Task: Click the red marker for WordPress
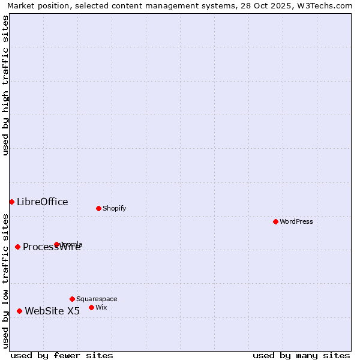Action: (x=275, y=221)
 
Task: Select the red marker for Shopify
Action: (x=98, y=208)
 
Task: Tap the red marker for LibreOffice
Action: (x=11, y=202)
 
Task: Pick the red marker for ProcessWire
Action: (x=17, y=247)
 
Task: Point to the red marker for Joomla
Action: (x=56, y=244)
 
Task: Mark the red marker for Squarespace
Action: (x=72, y=299)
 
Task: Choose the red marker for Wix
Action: (x=91, y=307)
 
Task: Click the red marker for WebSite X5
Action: (x=19, y=311)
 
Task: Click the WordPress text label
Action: (x=296, y=221)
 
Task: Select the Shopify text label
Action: (x=114, y=208)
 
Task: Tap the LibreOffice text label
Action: (x=42, y=202)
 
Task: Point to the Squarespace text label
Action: (x=97, y=299)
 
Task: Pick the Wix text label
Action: (x=101, y=307)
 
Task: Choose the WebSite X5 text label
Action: (x=52, y=311)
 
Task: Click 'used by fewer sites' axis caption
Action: (x=62, y=355)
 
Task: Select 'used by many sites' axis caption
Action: (x=301, y=355)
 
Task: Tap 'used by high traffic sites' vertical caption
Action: (x=5, y=85)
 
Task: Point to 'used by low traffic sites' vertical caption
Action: (x=5, y=280)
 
